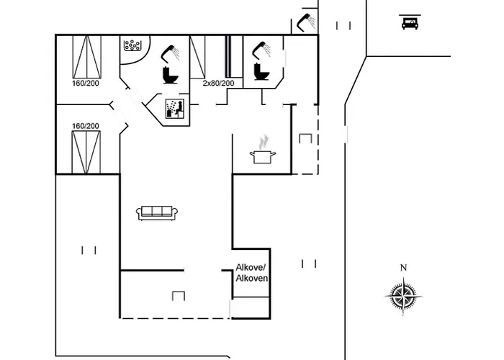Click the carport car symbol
(x=409, y=23)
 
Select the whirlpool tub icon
(x=133, y=45)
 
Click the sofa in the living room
(x=157, y=212)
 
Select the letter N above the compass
(x=403, y=268)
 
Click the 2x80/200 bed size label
(x=218, y=84)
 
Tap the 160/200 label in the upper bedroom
(x=86, y=84)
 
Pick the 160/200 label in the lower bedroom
(x=86, y=126)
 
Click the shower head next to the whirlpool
(x=171, y=52)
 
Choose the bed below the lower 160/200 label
(x=86, y=151)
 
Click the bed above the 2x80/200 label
(x=197, y=56)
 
